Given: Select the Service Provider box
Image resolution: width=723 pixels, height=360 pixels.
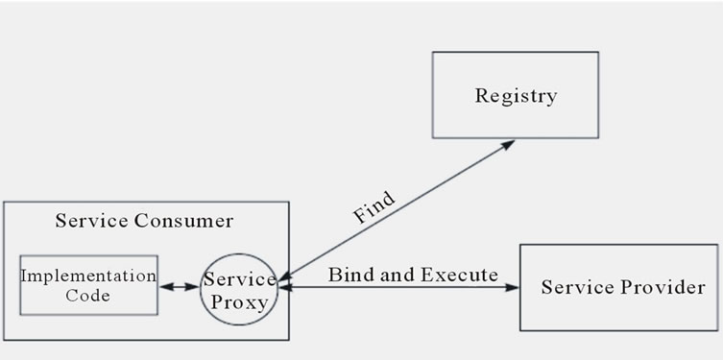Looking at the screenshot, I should click(x=620, y=287).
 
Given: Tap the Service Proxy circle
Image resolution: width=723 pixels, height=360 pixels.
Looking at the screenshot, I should click(x=239, y=289).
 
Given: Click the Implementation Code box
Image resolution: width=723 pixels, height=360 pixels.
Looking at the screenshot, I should click(x=88, y=285).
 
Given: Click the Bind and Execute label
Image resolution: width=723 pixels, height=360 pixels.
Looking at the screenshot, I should click(x=413, y=276).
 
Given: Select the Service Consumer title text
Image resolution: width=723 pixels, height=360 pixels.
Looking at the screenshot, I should click(x=144, y=221).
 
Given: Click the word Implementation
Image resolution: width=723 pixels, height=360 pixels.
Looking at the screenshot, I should click(x=88, y=276).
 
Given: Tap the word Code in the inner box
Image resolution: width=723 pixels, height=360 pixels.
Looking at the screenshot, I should click(x=88, y=296).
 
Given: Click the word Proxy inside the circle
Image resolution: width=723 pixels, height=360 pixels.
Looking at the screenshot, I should click(x=239, y=300).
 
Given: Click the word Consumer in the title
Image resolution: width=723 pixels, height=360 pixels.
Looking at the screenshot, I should click(x=183, y=221).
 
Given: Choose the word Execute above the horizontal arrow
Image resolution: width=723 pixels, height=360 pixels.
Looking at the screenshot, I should click(x=460, y=276).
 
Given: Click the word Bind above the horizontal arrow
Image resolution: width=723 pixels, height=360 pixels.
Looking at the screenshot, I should click(x=347, y=276).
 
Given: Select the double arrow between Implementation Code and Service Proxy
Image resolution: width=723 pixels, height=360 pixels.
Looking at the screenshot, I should click(x=180, y=286).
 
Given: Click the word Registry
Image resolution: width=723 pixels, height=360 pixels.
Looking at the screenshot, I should click(x=516, y=96).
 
